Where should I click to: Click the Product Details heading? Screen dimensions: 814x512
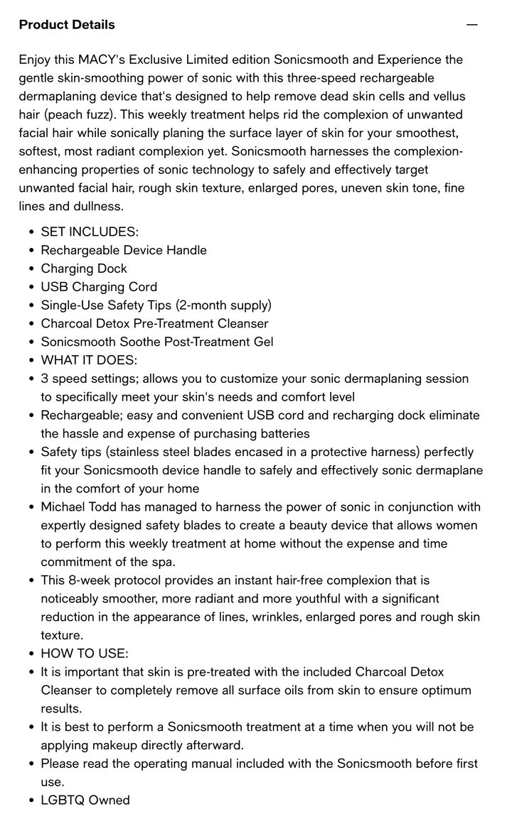pyautogui.click(x=67, y=25)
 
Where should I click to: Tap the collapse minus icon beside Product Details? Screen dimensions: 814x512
pyautogui.click(x=471, y=25)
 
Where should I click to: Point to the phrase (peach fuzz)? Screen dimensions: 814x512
pyautogui.click(x=80, y=115)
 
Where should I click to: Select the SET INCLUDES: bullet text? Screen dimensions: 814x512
pyautogui.click(x=90, y=232)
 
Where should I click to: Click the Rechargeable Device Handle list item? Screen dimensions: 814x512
pyautogui.click(x=124, y=250)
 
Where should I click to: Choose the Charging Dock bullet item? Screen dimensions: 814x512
pyautogui.click(x=84, y=268)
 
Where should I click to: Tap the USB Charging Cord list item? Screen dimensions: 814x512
pyautogui.click(x=99, y=287)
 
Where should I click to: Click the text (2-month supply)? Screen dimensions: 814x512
pyautogui.click(x=223, y=305)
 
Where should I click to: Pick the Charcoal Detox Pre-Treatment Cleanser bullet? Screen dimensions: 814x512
pyautogui.click(x=154, y=324)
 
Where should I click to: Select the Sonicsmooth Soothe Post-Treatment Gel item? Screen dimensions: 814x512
pyautogui.click(x=156, y=342)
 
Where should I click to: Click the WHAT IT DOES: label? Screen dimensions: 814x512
pyautogui.click(x=89, y=360)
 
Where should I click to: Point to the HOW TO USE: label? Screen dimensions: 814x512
pyautogui.click(x=85, y=653)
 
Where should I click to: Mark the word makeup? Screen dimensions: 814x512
pyautogui.click(x=110, y=745)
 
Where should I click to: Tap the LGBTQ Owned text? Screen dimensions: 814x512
pyautogui.click(x=85, y=801)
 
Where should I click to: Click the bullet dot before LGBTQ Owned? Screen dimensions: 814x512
pyautogui.click(x=31, y=801)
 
